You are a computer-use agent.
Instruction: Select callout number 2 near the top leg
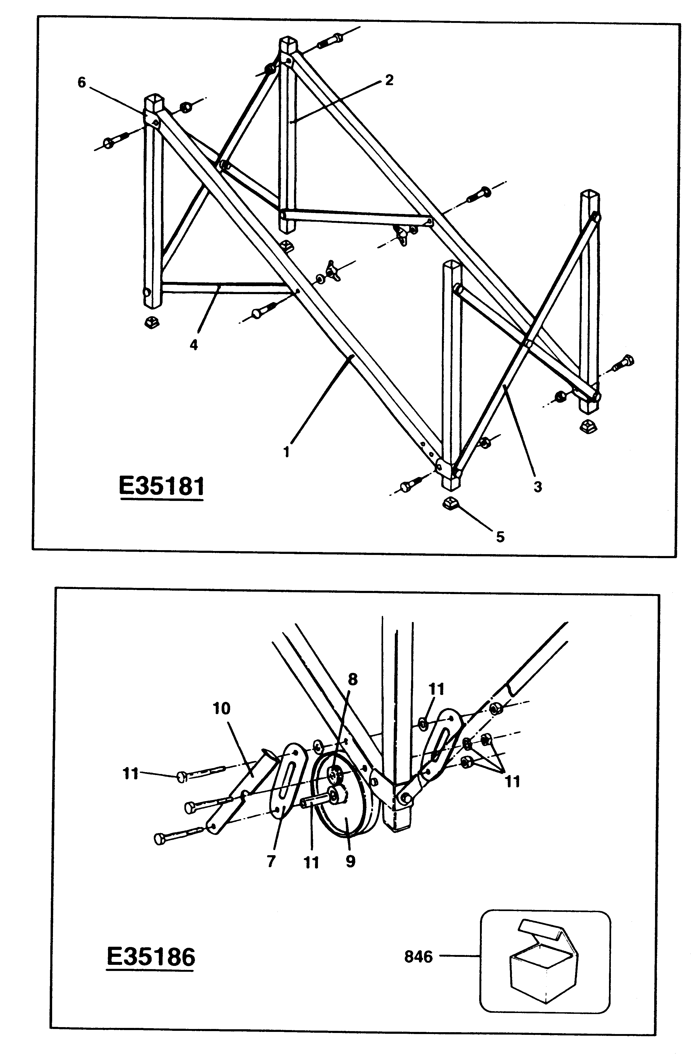[x=389, y=80]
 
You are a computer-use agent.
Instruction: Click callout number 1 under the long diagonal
[x=286, y=452]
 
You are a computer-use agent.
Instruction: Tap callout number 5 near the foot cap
[x=500, y=537]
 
